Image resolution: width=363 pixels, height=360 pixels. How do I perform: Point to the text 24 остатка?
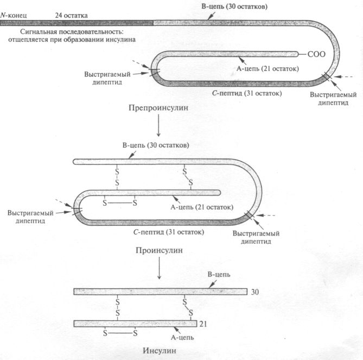(73, 15)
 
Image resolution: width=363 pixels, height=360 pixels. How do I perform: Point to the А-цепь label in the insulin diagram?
(186, 337)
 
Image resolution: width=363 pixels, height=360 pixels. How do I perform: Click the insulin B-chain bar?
(160, 292)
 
